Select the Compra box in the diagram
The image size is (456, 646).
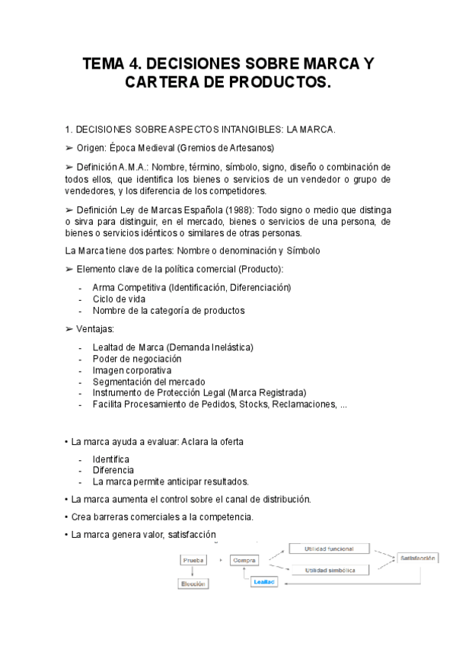(x=244, y=560)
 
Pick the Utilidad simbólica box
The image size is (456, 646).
(x=330, y=569)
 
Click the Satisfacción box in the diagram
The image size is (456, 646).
(x=418, y=558)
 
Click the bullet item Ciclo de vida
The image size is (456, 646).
(x=119, y=299)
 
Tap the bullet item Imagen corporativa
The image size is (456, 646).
(x=132, y=370)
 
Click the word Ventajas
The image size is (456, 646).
(x=95, y=328)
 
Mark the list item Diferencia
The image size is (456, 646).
(x=113, y=470)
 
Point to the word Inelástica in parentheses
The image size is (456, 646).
(x=228, y=347)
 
